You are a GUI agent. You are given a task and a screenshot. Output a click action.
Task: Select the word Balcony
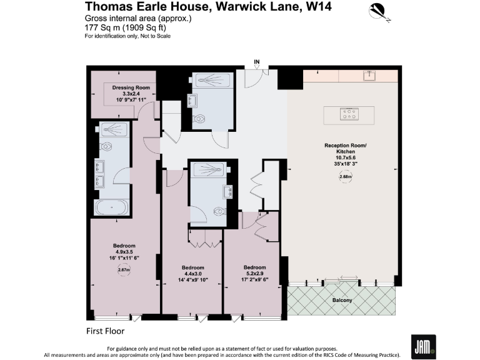342,301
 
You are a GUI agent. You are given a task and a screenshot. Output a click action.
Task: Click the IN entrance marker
257,61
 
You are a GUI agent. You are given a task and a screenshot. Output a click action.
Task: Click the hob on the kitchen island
348,114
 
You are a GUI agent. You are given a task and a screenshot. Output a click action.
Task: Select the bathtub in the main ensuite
111,207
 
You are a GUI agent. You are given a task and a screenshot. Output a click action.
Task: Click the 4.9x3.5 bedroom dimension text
124,252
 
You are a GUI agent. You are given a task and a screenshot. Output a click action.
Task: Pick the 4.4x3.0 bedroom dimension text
192,273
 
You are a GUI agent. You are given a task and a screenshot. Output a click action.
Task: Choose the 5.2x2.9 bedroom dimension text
254,273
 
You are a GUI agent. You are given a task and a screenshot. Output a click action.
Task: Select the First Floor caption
105,330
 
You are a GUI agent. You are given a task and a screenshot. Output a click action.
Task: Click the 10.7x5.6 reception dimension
340,159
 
